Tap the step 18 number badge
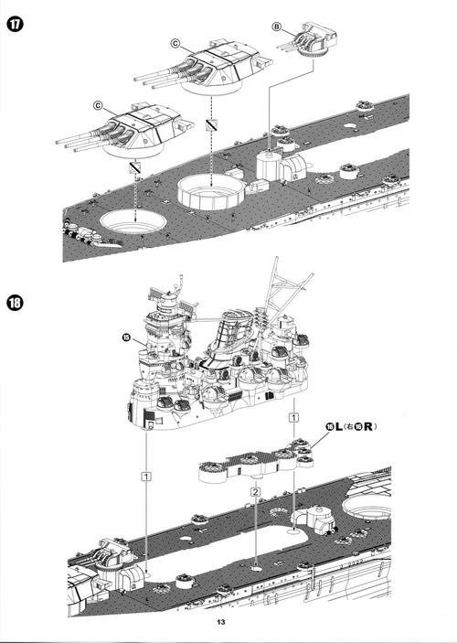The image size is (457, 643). [x=17, y=305]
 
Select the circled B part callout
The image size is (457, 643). [x=277, y=27]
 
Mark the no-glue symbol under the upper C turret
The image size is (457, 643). [x=210, y=123]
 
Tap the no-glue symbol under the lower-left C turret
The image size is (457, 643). [x=133, y=168]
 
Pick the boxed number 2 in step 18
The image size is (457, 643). [x=256, y=492]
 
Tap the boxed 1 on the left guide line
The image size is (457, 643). [x=145, y=476]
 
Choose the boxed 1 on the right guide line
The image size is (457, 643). [x=292, y=417]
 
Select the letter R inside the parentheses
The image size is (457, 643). [x=370, y=426]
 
